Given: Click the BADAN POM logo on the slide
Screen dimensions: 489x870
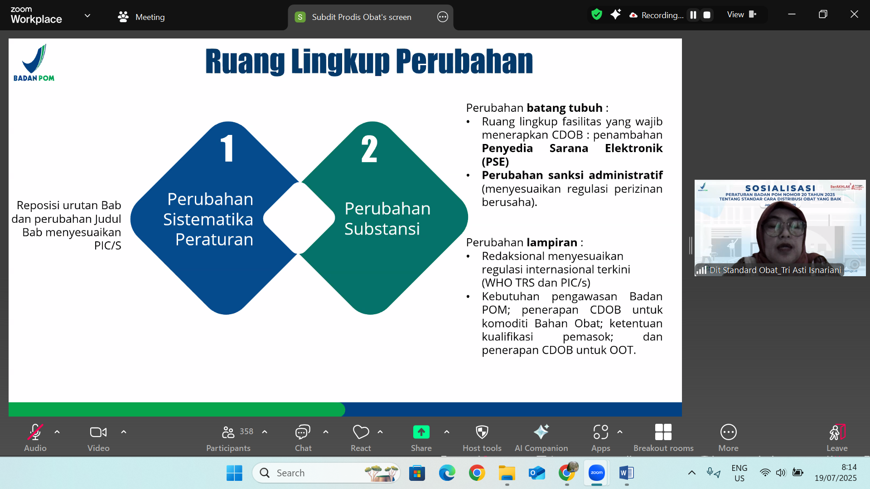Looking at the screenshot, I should pos(34,63).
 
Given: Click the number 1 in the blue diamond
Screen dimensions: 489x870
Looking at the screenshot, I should pos(227,149).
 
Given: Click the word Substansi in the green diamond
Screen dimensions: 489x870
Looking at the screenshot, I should pos(382,229).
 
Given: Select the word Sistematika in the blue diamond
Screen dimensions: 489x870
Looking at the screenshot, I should pos(208,219).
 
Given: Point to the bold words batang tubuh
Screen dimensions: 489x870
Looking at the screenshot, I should pos(564,108).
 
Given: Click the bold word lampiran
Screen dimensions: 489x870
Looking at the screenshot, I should pos(551,242).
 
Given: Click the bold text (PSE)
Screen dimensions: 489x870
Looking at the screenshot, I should pos(495,162).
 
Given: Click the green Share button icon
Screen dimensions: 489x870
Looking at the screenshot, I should pos(421,432).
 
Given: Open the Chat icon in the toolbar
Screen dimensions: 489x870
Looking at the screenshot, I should pos(303,432).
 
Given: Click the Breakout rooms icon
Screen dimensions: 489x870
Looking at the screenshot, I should pos(663,432).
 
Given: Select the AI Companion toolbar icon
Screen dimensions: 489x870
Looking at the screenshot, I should pos(541,432).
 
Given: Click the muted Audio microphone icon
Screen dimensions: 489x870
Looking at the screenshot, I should pos(35,432).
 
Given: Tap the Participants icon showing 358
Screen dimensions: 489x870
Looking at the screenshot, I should pos(228,432).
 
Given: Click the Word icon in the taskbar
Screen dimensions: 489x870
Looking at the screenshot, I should pos(626,473).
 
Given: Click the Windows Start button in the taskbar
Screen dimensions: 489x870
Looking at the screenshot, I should pos(234,473).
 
